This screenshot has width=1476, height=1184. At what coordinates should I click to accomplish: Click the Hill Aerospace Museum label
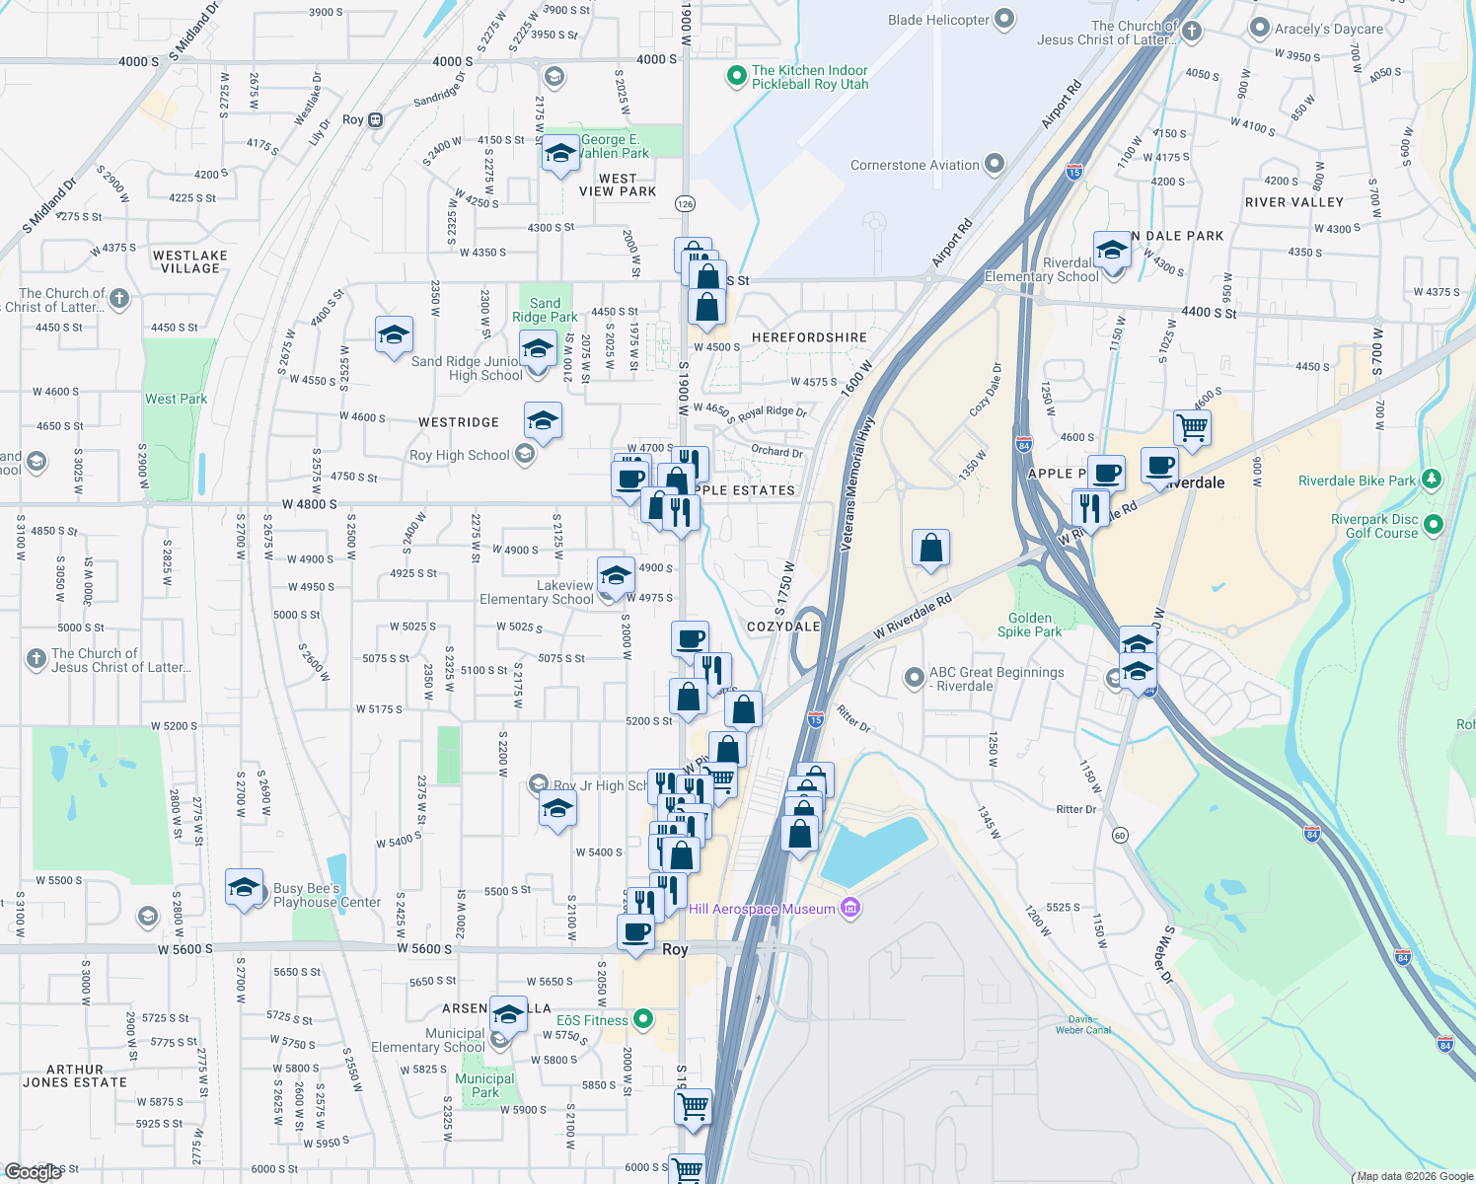pyautogui.click(x=762, y=909)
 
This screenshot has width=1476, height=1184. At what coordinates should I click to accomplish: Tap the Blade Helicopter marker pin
pyautogui.click(x=1004, y=20)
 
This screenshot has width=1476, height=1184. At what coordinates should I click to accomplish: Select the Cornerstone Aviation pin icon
pyautogui.click(x=995, y=164)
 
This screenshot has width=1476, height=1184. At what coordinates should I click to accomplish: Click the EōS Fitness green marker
pyautogui.click(x=643, y=1019)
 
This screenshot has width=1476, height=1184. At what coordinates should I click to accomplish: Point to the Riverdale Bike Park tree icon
pyautogui.click(x=1432, y=481)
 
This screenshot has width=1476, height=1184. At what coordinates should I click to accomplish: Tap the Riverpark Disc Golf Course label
pyautogui.click(x=1374, y=526)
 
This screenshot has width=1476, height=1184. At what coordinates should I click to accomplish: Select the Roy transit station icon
pyautogui.click(x=375, y=120)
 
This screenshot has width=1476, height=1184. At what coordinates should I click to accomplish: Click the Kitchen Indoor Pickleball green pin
pyautogui.click(x=735, y=76)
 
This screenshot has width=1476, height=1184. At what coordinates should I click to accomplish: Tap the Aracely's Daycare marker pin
pyautogui.click(x=1260, y=29)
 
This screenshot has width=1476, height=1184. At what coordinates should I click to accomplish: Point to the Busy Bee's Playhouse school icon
pyautogui.click(x=244, y=888)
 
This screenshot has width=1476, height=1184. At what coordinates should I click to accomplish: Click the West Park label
pyautogui.click(x=176, y=399)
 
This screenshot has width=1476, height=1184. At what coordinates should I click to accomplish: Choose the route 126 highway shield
pyautogui.click(x=685, y=203)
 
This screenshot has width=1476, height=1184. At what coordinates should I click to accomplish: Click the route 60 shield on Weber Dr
pyautogui.click(x=1119, y=835)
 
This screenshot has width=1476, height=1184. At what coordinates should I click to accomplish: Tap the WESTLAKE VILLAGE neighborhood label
pyautogui.click(x=190, y=261)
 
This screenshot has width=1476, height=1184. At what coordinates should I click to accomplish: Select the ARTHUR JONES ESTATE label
pyautogui.click(x=75, y=1075)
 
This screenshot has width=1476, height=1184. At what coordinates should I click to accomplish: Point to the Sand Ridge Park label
pyautogui.click(x=545, y=310)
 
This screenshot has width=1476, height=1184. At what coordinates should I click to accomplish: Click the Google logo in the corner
pyautogui.click(x=34, y=1171)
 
